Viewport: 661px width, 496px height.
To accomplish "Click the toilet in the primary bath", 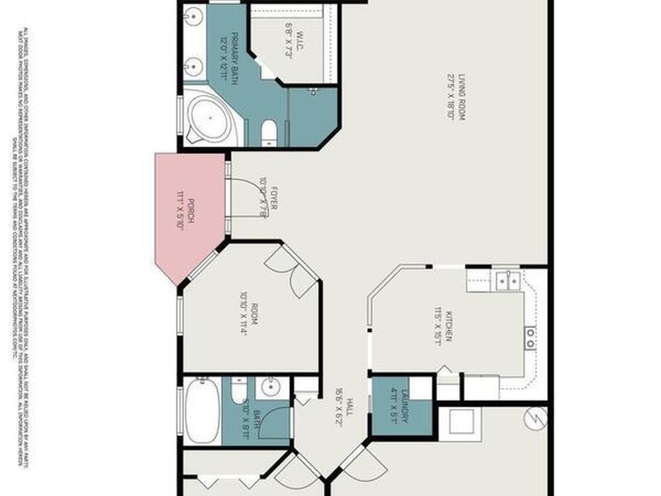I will click(269, 132).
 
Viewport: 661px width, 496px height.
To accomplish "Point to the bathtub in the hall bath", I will click(202, 411).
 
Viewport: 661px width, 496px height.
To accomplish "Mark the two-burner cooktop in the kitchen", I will click(530, 338).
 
